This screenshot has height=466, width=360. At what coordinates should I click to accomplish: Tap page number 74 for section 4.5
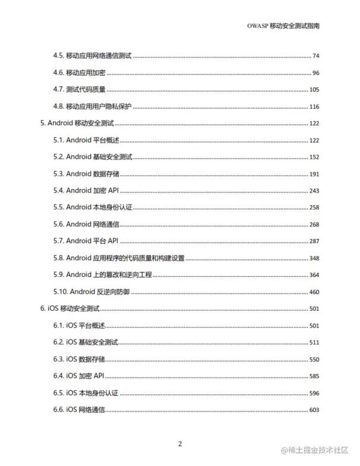[x=315, y=56]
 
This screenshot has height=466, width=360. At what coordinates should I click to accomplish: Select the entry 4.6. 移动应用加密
[x=80, y=73]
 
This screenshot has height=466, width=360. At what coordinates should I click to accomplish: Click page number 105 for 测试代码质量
[x=314, y=90]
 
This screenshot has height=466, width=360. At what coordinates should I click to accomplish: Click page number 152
[x=314, y=157]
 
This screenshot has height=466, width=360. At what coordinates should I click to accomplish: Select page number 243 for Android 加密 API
[x=314, y=191]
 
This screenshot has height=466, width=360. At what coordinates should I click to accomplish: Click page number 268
[x=314, y=224]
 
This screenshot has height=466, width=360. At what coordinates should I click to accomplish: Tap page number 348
[x=314, y=258]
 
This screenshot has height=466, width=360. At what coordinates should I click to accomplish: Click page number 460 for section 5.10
[x=314, y=292]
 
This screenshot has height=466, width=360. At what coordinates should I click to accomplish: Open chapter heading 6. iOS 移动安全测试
[x=70, y=309]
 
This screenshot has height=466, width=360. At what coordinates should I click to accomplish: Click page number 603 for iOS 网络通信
[x=314, y=410]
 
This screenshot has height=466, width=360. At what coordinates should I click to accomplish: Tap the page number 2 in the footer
[x=180, y=443]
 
